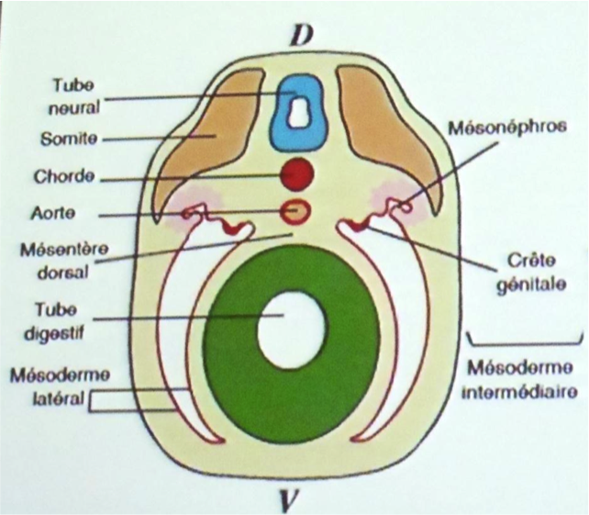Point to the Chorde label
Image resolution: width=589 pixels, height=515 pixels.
click(69, 176)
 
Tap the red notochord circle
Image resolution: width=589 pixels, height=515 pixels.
click(297, 173)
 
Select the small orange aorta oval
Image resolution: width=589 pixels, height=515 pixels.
click(296, 212)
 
